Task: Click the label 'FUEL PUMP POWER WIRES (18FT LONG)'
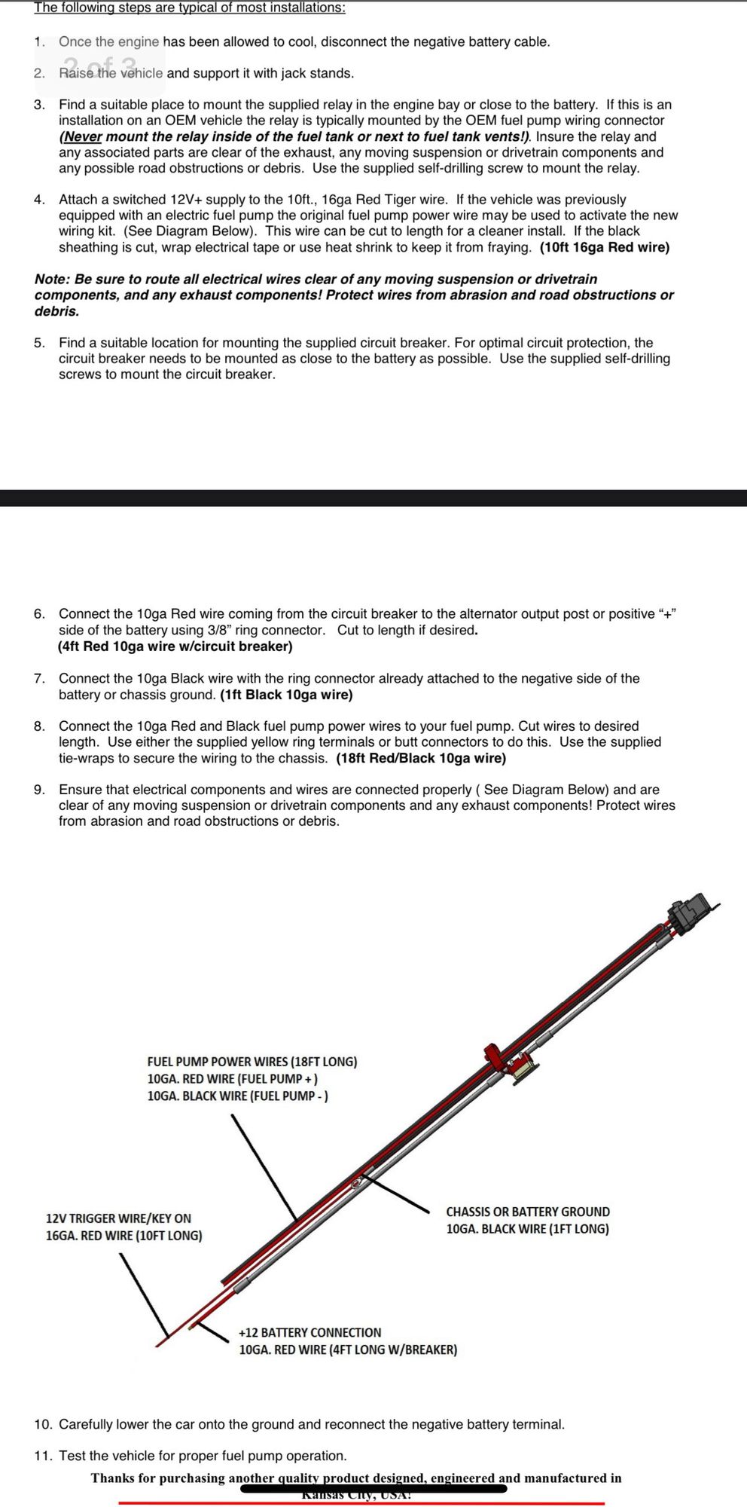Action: [252, 1062]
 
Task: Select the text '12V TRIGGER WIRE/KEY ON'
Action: [118, 1218]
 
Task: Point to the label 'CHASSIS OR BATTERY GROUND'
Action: [528, 1212]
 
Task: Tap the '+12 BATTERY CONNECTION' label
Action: [309, 1332]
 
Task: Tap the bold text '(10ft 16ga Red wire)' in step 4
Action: [604, 247]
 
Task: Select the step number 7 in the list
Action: [39, 678]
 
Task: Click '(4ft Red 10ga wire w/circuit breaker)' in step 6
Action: [175, 646]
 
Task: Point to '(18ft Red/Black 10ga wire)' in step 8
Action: [421, 758]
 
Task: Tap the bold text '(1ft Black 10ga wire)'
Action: [287, 695]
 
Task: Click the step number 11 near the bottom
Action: [42, 1456]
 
